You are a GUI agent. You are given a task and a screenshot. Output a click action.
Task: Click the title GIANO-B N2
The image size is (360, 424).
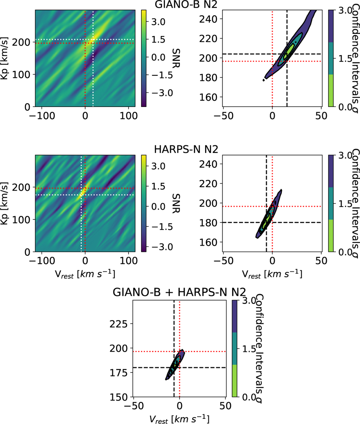coord(186,4)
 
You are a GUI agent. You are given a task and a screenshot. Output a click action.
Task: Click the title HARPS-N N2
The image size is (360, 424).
coord(186,149)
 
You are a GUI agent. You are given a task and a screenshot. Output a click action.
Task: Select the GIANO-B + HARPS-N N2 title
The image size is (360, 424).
coord(179,292)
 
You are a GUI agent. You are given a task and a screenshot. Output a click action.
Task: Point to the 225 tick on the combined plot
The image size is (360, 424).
coord(119,324)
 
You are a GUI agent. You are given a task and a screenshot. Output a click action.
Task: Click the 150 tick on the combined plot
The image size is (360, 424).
coord(119,397)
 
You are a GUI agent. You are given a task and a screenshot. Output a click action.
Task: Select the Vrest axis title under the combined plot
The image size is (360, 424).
coord(179,419)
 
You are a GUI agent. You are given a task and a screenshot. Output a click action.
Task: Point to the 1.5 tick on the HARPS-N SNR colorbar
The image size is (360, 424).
coord(158,186)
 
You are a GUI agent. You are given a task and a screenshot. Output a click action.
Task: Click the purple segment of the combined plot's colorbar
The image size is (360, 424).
coord(235,316)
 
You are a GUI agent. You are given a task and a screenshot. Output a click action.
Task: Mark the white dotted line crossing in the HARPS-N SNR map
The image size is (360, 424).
coord(81,195)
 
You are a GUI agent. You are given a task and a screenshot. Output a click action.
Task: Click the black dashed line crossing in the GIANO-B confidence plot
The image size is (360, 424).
coord(287,54)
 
